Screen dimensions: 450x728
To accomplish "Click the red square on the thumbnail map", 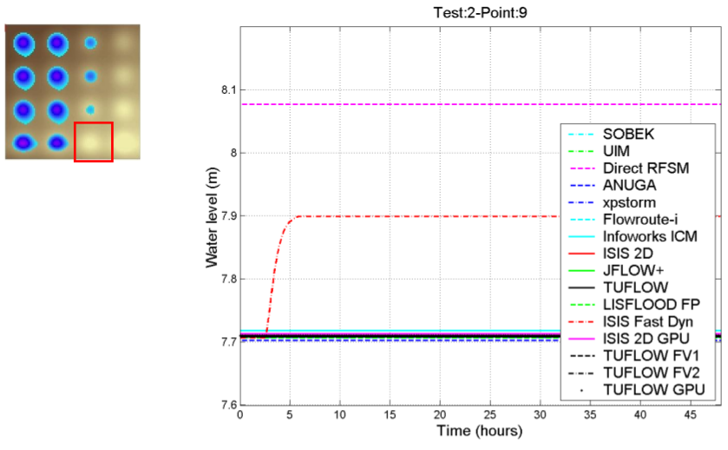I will pyautogui.click(x=94, y=142).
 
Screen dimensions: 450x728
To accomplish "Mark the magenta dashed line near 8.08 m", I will pyautogui.click(x=390, y=104).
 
